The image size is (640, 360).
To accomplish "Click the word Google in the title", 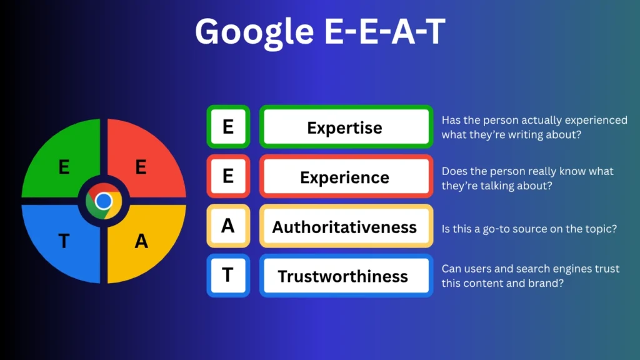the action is [254, 32].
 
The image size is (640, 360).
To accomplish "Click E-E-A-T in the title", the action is [384, 31].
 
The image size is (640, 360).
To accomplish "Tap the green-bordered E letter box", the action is [228, 126].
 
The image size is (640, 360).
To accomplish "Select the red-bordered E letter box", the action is [228, 176].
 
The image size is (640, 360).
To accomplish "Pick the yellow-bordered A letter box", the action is [228, 226].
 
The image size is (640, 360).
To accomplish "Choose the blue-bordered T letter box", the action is [228, 276].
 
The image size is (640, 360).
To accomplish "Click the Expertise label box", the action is [346, 126].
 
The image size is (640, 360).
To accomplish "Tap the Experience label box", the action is [346, 176].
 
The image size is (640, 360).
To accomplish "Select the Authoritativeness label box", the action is [346, 226].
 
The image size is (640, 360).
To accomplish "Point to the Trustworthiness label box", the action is [346, 276].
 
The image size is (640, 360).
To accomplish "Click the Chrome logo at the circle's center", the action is [104, 201].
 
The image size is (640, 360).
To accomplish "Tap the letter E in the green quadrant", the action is [64, 167].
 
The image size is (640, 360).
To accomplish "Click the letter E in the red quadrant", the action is [141, 167].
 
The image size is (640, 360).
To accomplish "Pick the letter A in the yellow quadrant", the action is [141, 241].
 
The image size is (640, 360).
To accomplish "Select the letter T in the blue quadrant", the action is [64, 241].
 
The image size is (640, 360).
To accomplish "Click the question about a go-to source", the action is [529, 229].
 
